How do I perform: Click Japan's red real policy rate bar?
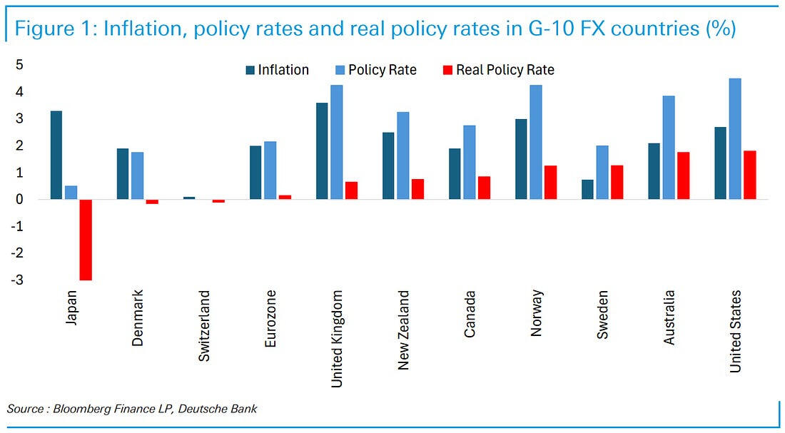(x=86, y=240)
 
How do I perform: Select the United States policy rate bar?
(x=734, y=138)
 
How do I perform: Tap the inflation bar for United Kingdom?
(x=322, y=151)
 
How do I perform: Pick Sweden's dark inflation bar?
(x=587, y=189)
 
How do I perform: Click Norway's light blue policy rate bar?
(x=535, y=142)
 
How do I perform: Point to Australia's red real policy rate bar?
(x=683, y=175)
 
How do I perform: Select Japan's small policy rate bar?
(x=71, y=193)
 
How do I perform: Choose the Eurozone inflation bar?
(x=255, y=172)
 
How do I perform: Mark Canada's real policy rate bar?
(x=483, y=188)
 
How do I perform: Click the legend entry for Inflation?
(x=283, y=70)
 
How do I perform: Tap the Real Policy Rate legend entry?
(x=505, y=70)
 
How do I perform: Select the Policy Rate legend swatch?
(x=339, y=70)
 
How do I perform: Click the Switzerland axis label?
(x=205, y=316)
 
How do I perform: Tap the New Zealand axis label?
(x=404, y=330)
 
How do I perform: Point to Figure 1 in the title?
(x=52, y=29)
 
